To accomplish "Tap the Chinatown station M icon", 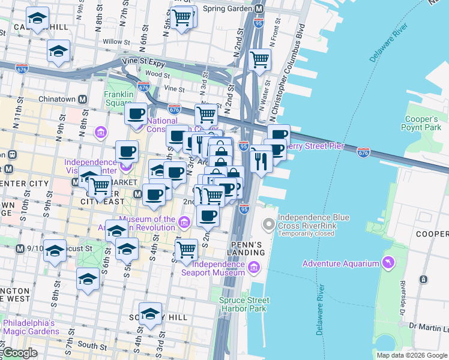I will point(82,99).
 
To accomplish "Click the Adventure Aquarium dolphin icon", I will point(390,263).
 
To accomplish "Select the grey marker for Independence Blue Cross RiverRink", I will point(268,225).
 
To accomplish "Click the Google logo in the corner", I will point(19,353).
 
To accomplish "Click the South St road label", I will point(91,346).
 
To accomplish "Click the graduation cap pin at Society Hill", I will point(150,314).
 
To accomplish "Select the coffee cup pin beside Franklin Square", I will point(136,112).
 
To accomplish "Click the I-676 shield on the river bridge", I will point(363,152).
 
